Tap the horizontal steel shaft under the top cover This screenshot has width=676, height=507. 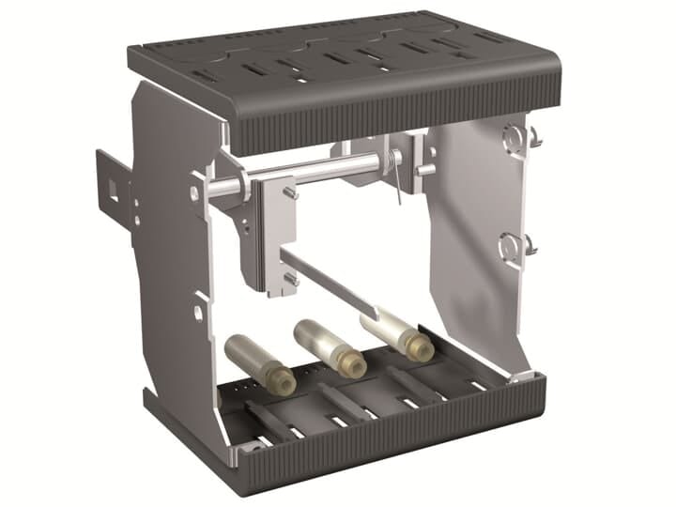tap(310, 173)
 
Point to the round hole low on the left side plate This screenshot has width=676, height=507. tap(198, 310)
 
